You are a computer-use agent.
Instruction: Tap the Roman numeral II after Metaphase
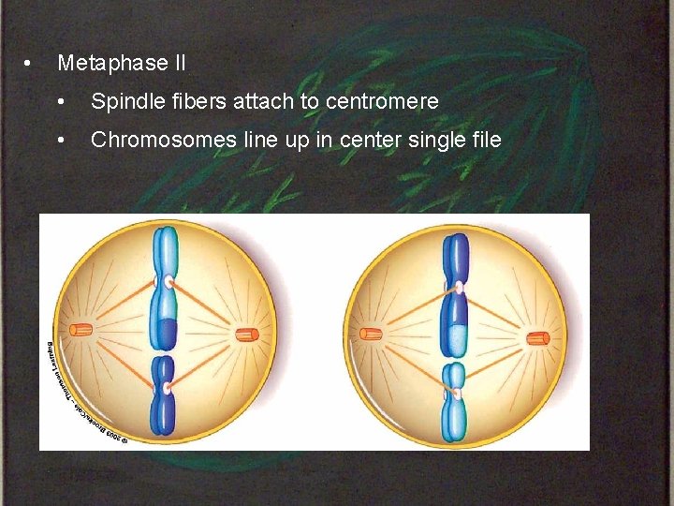[179, 64]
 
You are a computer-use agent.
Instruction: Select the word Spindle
[123, 101]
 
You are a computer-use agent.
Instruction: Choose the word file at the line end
[483, 140]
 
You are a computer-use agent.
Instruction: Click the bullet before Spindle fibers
[62, 101]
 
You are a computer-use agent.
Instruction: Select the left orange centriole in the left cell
[81, 330]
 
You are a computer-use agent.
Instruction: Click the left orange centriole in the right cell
[372, 333]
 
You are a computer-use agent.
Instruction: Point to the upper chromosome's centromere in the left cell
[167, 280]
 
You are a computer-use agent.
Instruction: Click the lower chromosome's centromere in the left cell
[165, 387]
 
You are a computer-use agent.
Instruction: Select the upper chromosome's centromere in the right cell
[458, 287]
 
